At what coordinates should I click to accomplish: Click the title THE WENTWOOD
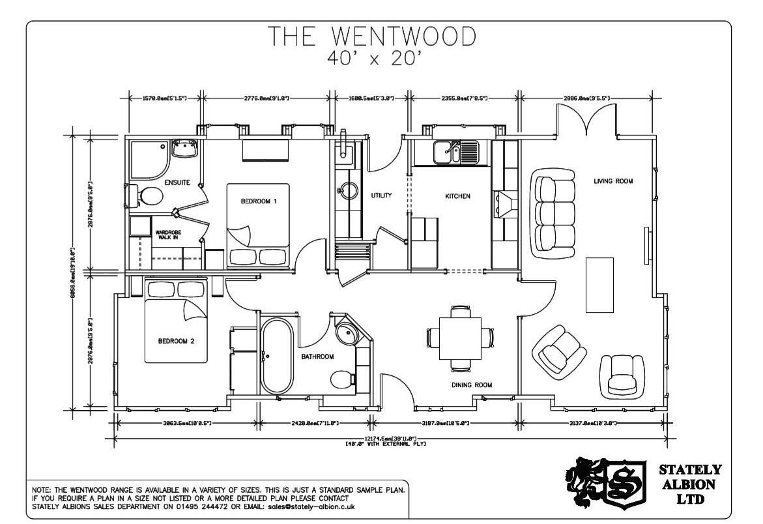pyautogui.click(x=373, y=38)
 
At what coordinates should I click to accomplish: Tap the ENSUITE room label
pyautogui.click(x=177, y=182)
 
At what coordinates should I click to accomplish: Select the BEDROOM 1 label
pyautogui.click(x=259, y=201)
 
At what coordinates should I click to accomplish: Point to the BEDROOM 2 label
pyautogui.click(x=177, y=341)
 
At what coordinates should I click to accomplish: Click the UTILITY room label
pyautogui.click(x=381, y=196)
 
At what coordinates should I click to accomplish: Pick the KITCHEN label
pyautogui.click(x=457, y=196)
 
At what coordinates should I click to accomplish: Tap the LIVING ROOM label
pyautogui.click(x=612, y=181)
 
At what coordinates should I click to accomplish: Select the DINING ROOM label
pyautogui.click(x=472, y=385)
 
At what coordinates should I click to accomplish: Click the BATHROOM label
pyautogui.click(x=317, y=357)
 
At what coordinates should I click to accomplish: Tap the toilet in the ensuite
pyautogui.click(x=147, y=196)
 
